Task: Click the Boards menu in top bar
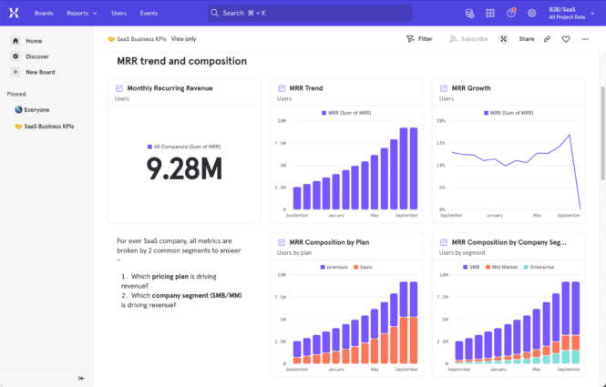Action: pyautogui.click(x=43, y=14)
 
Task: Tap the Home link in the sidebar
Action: pyautogui.click(x=33, y=41)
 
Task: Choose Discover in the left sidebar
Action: pyautogui.click(x=36, y=56)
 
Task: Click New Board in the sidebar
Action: pyautogui.click(x=39, y=72)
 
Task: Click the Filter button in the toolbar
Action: pyautogui.click(x=419, y=39)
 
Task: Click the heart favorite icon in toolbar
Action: pyautogui.click(x=566, y=39)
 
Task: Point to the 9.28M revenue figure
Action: pyautogui.click(x=184, y=168)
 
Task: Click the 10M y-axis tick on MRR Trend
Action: pyautogui.click(x=282, y=120)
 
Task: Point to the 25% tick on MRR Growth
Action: pyautogui.click(x=441, y=120)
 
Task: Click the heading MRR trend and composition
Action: pyautogui.click(x=181, y=61)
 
